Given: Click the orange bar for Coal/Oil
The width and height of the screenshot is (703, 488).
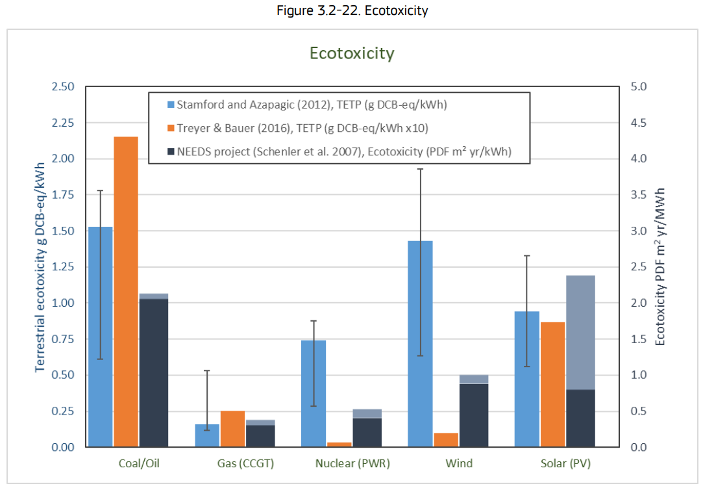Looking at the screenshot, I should [x=126, y=292].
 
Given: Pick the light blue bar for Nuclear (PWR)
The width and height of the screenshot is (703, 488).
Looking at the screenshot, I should [x=314, y=393].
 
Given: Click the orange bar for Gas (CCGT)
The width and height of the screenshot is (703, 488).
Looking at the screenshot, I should [x=232, y=429].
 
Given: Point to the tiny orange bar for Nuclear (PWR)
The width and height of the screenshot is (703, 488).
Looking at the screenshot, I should [x=338, y=444].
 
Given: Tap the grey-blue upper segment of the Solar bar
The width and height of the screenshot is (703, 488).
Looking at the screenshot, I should [x=580, y=332].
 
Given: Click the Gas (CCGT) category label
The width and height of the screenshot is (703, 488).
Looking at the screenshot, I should [x=245, y=464].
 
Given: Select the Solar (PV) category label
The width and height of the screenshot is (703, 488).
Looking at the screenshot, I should [x=565, y=464].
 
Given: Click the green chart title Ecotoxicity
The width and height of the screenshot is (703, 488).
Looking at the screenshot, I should [x=351, y=53].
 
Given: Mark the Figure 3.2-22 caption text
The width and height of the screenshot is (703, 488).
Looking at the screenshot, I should [x=351, y=11].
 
